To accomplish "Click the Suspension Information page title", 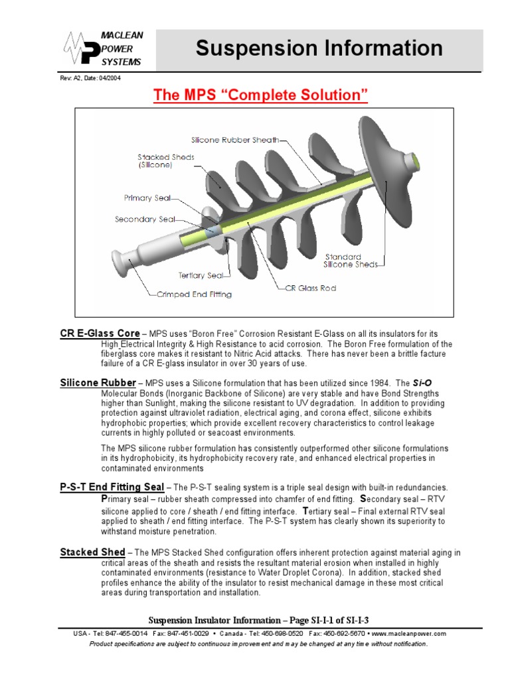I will pos(319,48).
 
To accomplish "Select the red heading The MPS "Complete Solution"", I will pos(260,95).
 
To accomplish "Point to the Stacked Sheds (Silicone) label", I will pos(166,161).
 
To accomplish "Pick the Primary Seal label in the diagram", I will pos(147,198).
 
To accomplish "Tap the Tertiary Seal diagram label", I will pos(201,275).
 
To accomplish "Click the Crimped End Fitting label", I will pos(195,294).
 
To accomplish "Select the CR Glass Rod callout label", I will pos(311,288).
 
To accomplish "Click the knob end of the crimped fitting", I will pos(118,265).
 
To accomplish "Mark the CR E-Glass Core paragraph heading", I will pos(100,333).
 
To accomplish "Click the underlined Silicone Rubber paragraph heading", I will pos(98,383).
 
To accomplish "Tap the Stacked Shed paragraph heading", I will pos(92,552).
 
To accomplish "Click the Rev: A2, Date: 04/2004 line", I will pos(91,78).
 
